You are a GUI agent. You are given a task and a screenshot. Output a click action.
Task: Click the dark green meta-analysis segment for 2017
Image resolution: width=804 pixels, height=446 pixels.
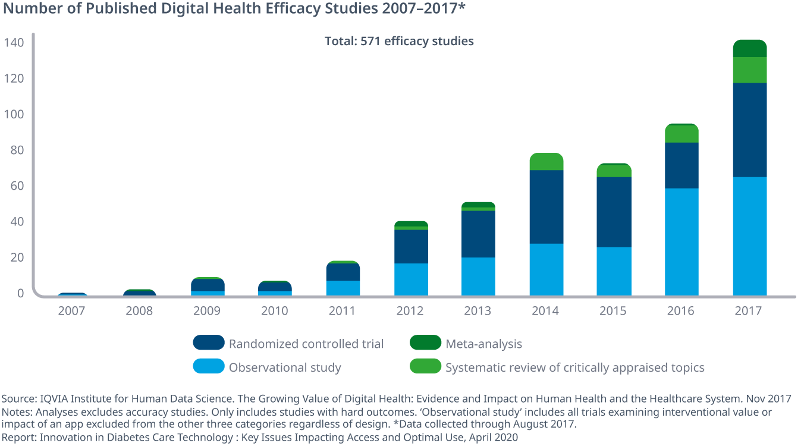(749, 49)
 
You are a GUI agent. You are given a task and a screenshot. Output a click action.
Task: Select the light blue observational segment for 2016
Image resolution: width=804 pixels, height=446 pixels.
(681, 242)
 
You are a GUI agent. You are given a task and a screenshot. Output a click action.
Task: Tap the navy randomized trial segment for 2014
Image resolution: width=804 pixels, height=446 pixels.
(546, 207)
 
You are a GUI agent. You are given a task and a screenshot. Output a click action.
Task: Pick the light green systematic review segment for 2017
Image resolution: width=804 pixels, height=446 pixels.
(749, 70)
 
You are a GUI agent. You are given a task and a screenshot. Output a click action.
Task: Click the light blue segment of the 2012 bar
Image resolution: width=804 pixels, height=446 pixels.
(411, 279)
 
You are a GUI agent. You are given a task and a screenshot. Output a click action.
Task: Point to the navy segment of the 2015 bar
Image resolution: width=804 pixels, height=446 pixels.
(614, 212)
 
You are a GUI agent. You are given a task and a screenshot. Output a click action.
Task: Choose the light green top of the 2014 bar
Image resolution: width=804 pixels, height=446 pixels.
(546, 162)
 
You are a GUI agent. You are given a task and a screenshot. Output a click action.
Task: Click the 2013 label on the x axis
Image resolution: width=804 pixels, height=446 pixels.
(478, 311)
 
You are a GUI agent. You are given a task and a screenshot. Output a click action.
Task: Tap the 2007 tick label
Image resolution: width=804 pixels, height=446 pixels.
(71, 311)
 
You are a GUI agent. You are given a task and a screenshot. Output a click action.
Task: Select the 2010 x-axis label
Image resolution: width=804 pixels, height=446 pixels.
(275, 311)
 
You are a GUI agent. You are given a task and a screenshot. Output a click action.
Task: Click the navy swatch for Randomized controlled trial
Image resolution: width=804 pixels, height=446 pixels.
(209, 343)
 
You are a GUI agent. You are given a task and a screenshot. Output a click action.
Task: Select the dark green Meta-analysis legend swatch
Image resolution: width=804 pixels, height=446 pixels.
(425, 343)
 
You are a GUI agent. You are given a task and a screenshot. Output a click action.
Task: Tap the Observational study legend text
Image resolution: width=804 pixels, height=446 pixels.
(285, 368)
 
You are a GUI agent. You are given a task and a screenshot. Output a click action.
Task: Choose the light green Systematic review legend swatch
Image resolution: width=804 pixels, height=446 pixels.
(425, 367)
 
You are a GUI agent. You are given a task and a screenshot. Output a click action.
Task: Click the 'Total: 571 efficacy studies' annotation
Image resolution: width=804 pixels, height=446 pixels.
(399, 41)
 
